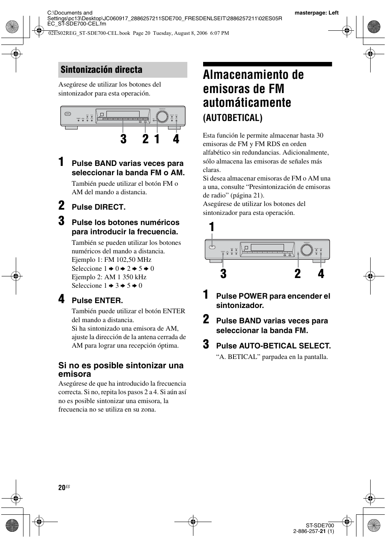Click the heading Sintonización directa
(x=101, y=70)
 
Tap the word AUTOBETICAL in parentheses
(x=233, y=118)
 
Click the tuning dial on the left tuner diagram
(x=162, y=116)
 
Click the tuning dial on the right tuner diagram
(x=307, y=250)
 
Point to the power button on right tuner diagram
(x=210, y=247)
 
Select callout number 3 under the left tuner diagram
(x=123, y=139)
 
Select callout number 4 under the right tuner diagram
(x=321, y=274)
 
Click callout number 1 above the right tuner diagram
(x=212, y=227)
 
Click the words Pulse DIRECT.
(x=98, y=207)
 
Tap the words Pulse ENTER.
(x=97, y=301)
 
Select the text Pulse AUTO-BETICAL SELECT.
(x=273, y=346)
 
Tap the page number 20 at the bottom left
(x=62, y=488)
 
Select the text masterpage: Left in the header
(x=316, y=13)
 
